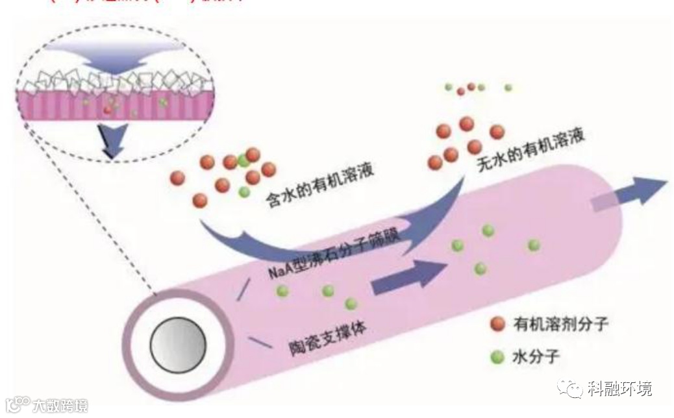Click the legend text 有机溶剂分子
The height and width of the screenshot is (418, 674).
[x=560, y=323]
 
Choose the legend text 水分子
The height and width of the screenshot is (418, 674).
[x=536, y=356]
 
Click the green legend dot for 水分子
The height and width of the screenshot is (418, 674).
[x=498, y=356]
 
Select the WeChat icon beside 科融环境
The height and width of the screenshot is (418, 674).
[x=574, y=389]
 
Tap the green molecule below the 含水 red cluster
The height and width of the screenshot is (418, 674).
[x=244, y=192]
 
